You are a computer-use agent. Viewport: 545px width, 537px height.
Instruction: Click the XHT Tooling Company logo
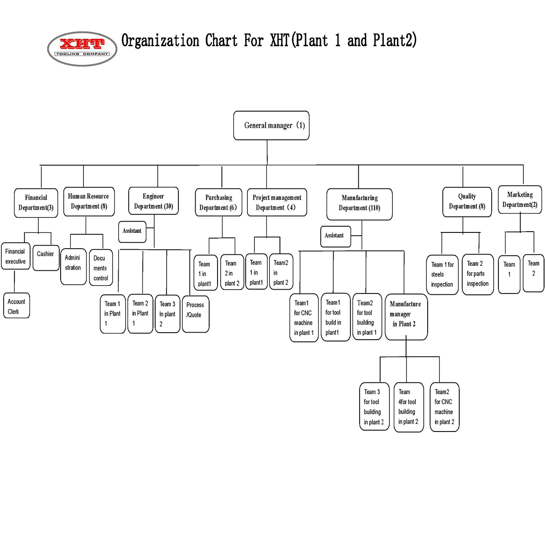tap(82, 49)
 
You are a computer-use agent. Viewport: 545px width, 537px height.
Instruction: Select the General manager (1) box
tap(271, 126)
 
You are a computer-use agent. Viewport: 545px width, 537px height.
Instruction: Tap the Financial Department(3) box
tap(36, 203)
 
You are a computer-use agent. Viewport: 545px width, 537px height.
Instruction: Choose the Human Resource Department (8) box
tap(88, 201)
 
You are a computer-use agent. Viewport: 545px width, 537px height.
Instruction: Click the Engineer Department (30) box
tap(153, 201)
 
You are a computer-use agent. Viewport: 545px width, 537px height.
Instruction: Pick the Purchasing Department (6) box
tap(218, 203)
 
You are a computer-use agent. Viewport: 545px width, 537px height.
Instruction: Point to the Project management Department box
tap(277, 203)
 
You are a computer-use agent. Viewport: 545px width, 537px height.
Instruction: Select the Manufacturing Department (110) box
tap(360, 203)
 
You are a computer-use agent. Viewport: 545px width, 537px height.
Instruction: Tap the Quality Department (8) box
tap(467, 202)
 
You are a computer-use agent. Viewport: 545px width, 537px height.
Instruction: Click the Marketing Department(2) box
tap(520, 200)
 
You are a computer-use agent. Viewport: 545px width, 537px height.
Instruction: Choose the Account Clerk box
tap(17, 306)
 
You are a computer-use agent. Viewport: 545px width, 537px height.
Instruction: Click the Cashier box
tap(46, 258)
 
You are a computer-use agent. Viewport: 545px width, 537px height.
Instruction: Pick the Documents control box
tap(101, 268)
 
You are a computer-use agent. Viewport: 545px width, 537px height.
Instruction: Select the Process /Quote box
tap(195, 314)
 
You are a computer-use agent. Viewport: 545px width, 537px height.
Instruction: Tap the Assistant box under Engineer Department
tap(132, 232)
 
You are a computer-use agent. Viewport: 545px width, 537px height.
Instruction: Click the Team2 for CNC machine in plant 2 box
tap(444, 407)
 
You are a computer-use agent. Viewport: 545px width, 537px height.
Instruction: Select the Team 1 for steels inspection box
tap(442, 275)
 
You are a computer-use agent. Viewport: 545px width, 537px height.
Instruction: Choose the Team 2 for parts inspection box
tap(478, 274)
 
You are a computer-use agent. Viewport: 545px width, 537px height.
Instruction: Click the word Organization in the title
tap(160, 41)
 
